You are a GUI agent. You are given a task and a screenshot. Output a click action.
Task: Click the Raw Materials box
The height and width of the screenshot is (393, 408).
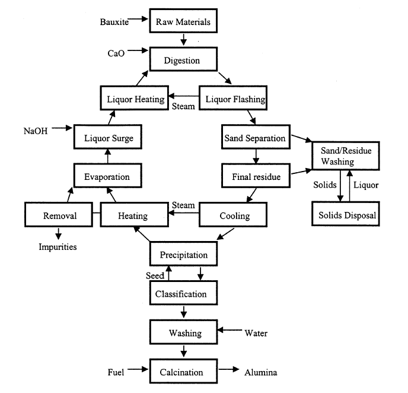click(183, 21)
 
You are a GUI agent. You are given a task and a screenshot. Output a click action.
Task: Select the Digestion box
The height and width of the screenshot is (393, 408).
click(183, 59)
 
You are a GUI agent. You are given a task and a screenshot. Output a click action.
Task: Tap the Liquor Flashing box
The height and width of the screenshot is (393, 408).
click(233, 98)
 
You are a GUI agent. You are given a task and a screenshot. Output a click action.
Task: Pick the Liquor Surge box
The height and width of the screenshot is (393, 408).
click(108, 137)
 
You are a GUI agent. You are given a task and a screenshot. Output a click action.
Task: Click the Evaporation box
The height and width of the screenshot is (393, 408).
click(108, 176)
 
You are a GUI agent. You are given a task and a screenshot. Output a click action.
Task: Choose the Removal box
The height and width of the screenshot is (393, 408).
click(59, 215)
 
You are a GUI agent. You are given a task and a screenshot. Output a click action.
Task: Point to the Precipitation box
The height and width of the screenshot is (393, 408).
click(183, 254)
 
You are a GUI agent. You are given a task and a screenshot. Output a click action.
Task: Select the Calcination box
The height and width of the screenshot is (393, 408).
click(183, 371)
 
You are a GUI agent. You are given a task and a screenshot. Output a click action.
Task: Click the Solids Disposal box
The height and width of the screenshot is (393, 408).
click(346, 214)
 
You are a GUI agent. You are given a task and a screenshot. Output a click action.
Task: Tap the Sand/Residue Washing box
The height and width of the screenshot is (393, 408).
click(346, 156)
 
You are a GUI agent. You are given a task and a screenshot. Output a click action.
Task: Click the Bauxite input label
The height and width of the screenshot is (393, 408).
click(114, 22)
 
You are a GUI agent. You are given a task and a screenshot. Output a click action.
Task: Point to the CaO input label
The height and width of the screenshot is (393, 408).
click(116, 53)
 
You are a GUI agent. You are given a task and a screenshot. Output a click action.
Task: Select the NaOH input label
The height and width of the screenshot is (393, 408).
click(36, 131)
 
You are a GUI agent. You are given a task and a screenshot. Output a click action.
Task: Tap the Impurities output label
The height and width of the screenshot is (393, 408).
click(58, 247)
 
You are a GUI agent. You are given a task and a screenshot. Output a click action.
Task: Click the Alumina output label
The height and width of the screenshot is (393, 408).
click(261, 372)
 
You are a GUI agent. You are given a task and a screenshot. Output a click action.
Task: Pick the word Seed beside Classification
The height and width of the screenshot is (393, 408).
click(155, 275)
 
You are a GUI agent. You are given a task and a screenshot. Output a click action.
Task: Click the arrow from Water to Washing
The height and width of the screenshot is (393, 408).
click(230, 330)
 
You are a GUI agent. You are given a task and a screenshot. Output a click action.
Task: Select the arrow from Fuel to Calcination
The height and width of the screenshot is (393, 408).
click(138, 369)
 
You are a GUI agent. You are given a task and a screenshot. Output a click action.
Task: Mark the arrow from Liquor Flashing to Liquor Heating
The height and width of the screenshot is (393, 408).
click(184, 96)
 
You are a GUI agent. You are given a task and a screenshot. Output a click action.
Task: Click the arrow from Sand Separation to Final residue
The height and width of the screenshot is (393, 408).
click(256, 157)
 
